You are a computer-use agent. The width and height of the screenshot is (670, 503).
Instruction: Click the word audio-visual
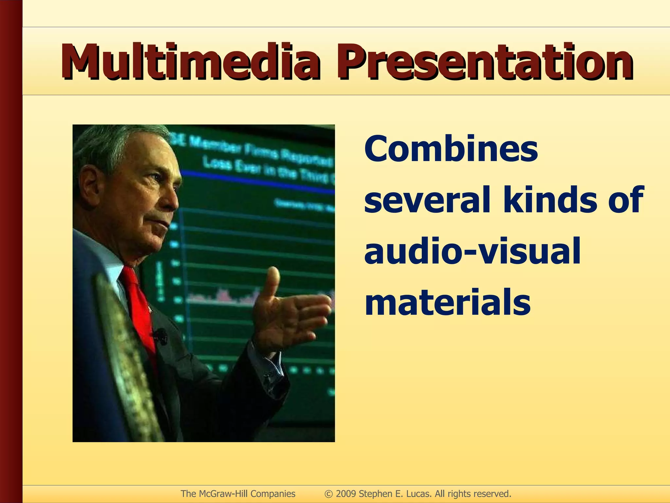click(472, 251)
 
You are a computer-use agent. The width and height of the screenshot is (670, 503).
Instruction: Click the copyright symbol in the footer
click(329, 494)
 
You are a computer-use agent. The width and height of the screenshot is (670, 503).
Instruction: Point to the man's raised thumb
click(272, 278)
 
